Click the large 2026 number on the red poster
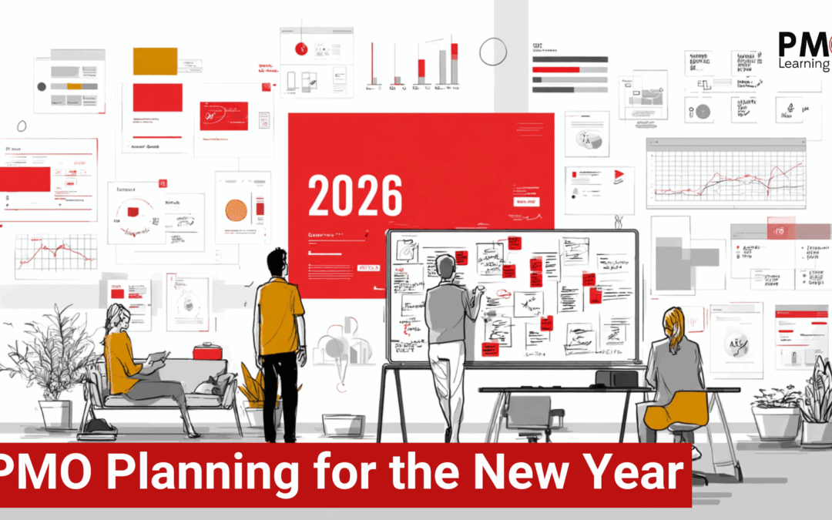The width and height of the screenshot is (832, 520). coord(355,196)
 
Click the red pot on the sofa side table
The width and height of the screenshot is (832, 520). coord(207,351)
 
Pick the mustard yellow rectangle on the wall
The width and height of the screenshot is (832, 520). coord(155,61)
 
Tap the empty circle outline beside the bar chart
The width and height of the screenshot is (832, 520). coord(492,52)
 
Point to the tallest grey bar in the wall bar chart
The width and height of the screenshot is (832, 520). coord(442,66)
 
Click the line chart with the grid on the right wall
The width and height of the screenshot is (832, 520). coord(726,178)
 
